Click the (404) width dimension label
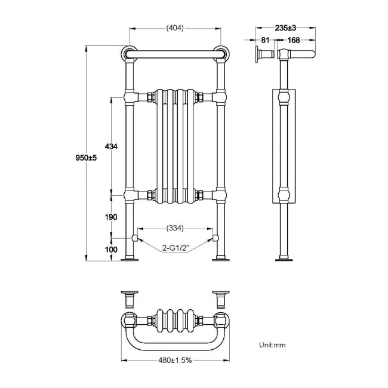click(x=175, y=28)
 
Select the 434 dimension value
click(x=110, y=146)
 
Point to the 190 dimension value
click(x=110, y=217)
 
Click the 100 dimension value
click(x=110, y=250)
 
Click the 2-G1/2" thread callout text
click(x=174, y=248)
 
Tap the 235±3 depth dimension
click(x=285, y=28)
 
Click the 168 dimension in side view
click(x=293, y=41)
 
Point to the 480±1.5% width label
click(x=175, y=361)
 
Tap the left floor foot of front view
click(x=130, y=259)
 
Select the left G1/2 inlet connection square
click(x=136, y=238)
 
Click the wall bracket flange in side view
click(x=257, y=55)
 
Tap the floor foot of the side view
click(x=284, y=259)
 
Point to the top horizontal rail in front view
click(x=175, y=54)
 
